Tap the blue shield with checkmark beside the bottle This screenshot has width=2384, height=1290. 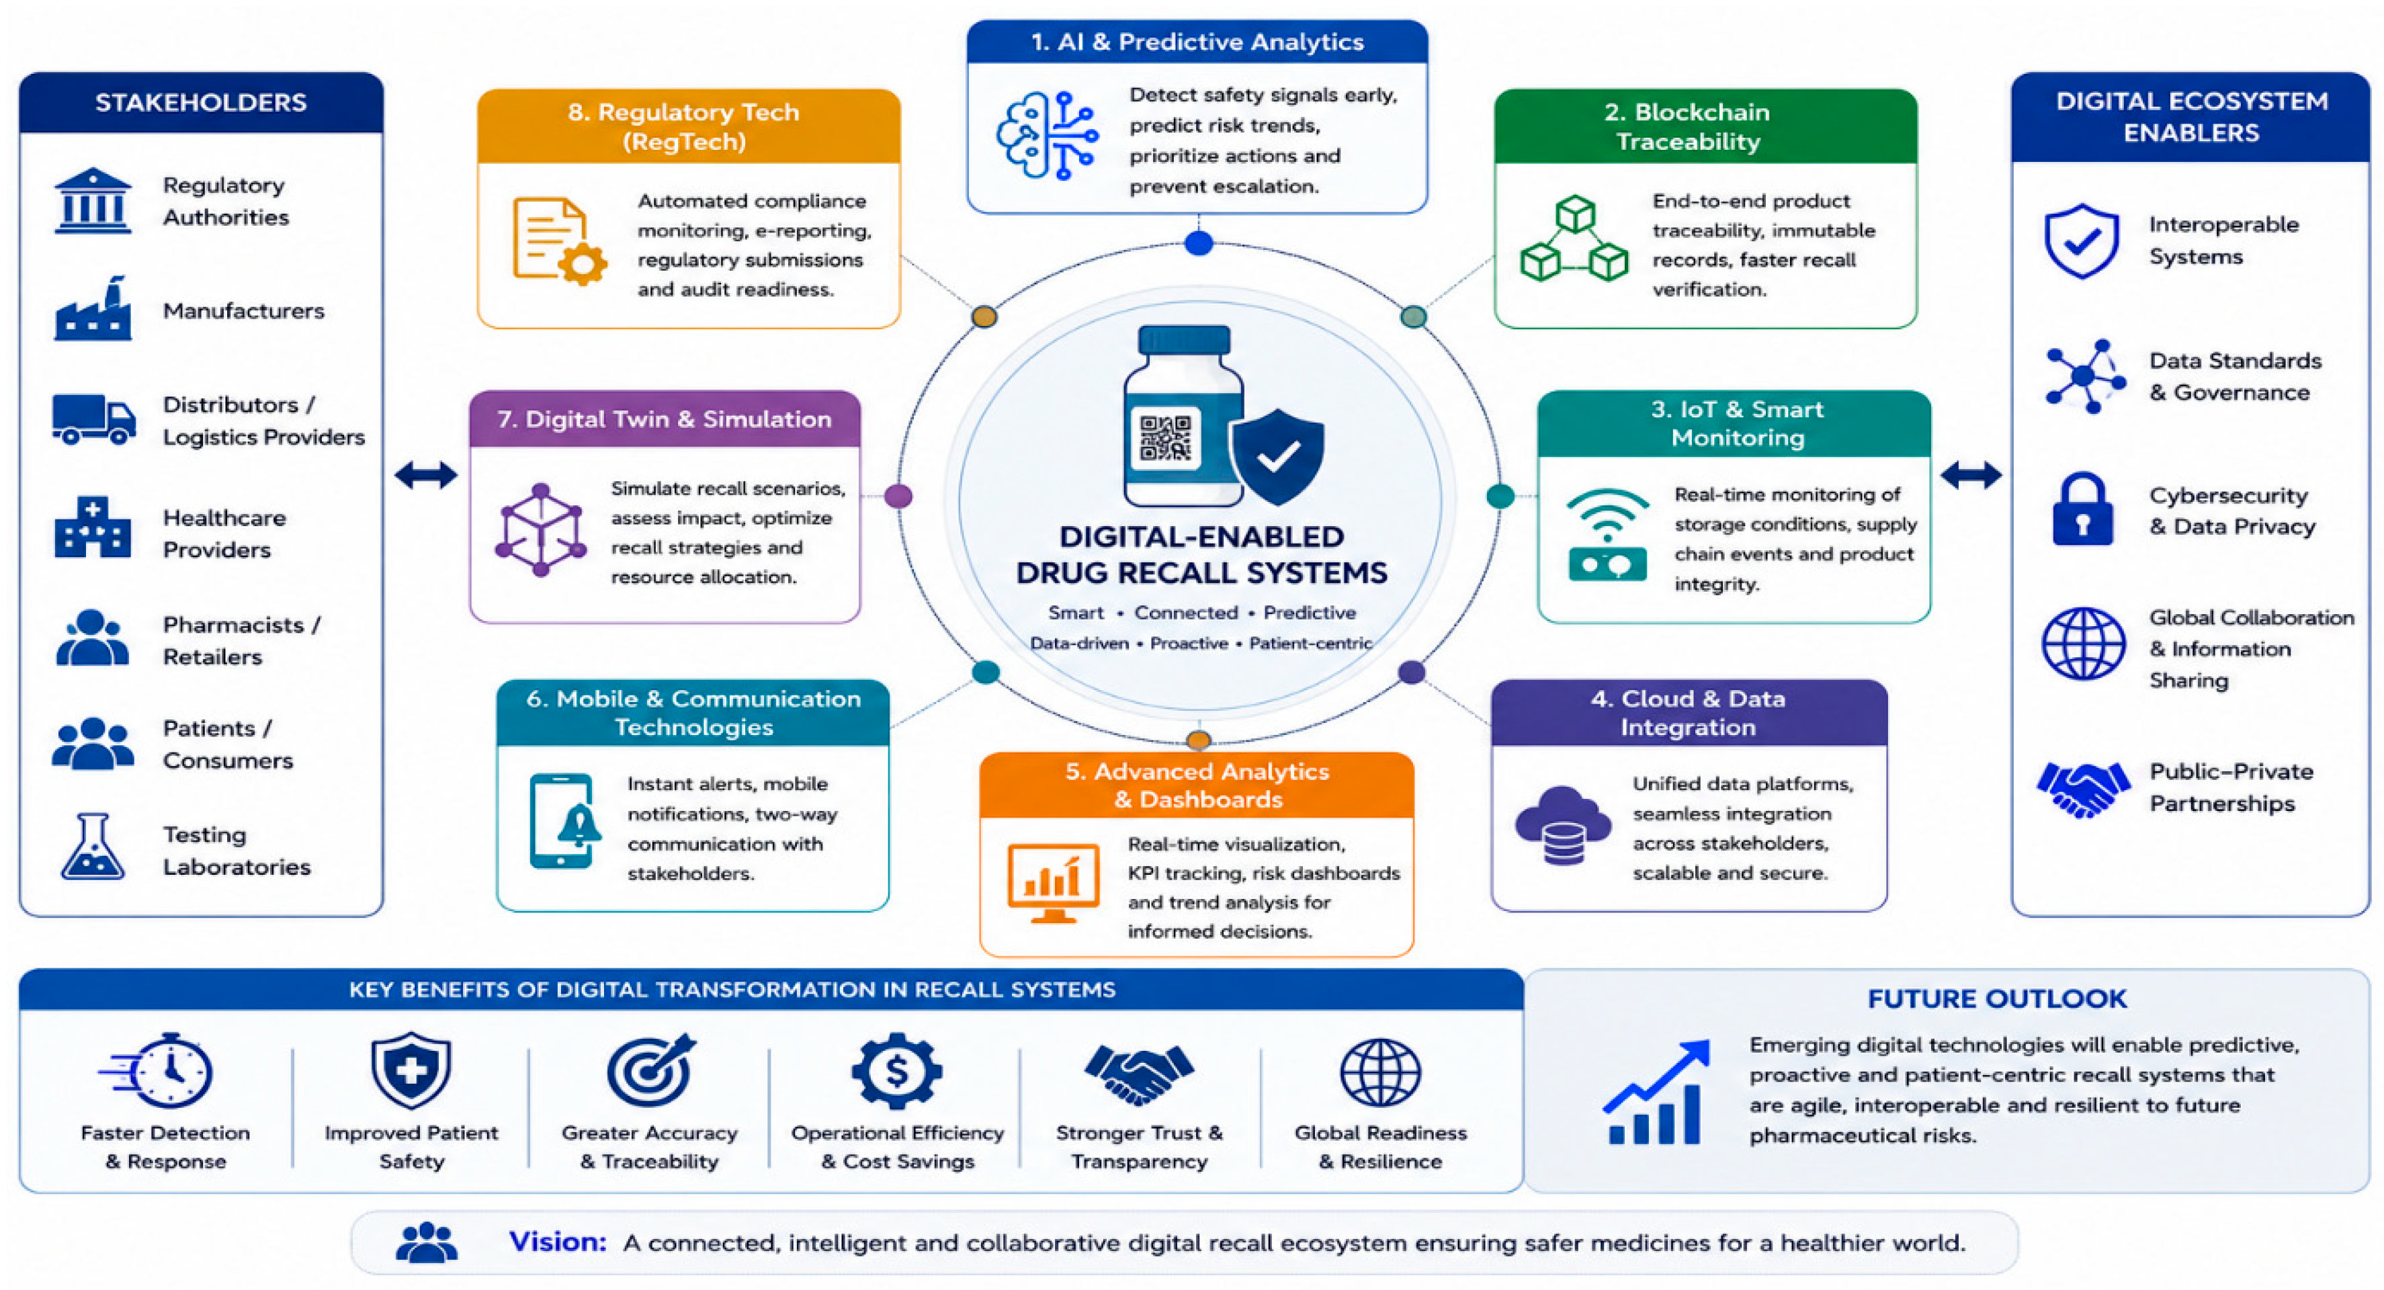click(x=1277, y=456)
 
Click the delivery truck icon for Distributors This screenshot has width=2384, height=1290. click(x=93, y=419)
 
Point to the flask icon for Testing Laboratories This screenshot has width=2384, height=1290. click(x=93, y=846)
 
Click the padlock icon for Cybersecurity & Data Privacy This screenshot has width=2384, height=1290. click(x=2082, y=509)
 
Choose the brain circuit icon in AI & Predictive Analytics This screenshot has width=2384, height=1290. click(x=1048, y=135)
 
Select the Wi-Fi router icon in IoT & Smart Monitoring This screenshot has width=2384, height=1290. click(x=1607, y=535)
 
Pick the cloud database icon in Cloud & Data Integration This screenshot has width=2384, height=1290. click(x=1563, y=824)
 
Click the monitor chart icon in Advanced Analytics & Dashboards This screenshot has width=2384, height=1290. click(x=1053, y=883)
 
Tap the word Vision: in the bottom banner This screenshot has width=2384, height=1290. click(x=557, y=1241)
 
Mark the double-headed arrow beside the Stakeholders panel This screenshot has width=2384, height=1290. click(x=426, y=475)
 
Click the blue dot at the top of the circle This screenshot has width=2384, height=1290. click(x=1199, y=243)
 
